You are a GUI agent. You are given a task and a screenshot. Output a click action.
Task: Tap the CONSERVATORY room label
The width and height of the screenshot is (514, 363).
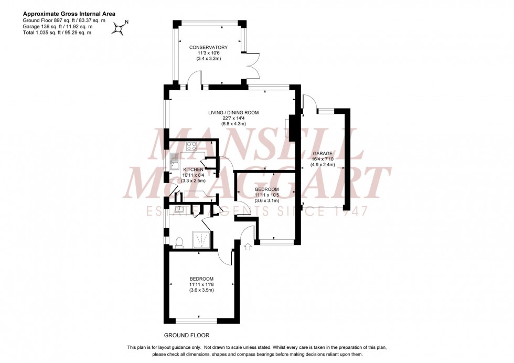(x=209, y=47)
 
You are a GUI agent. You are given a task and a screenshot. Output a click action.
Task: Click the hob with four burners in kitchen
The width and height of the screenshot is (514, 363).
(x=191, y=147)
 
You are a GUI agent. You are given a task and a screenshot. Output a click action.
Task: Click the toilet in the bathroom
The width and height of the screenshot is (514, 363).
(x=178, y=242)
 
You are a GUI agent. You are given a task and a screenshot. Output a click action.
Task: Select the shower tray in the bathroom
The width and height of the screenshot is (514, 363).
(x=201, y=239)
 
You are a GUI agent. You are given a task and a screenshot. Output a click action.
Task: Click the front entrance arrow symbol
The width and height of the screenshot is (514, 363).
(x=248, y=245)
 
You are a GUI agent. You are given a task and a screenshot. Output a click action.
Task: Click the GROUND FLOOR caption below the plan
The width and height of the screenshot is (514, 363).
(x=187, y=335)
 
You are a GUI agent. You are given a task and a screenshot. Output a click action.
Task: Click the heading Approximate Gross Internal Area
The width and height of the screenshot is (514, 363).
(x=69, y=14)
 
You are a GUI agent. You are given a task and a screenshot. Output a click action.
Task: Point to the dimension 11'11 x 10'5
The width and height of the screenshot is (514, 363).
(x=267, y=195)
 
